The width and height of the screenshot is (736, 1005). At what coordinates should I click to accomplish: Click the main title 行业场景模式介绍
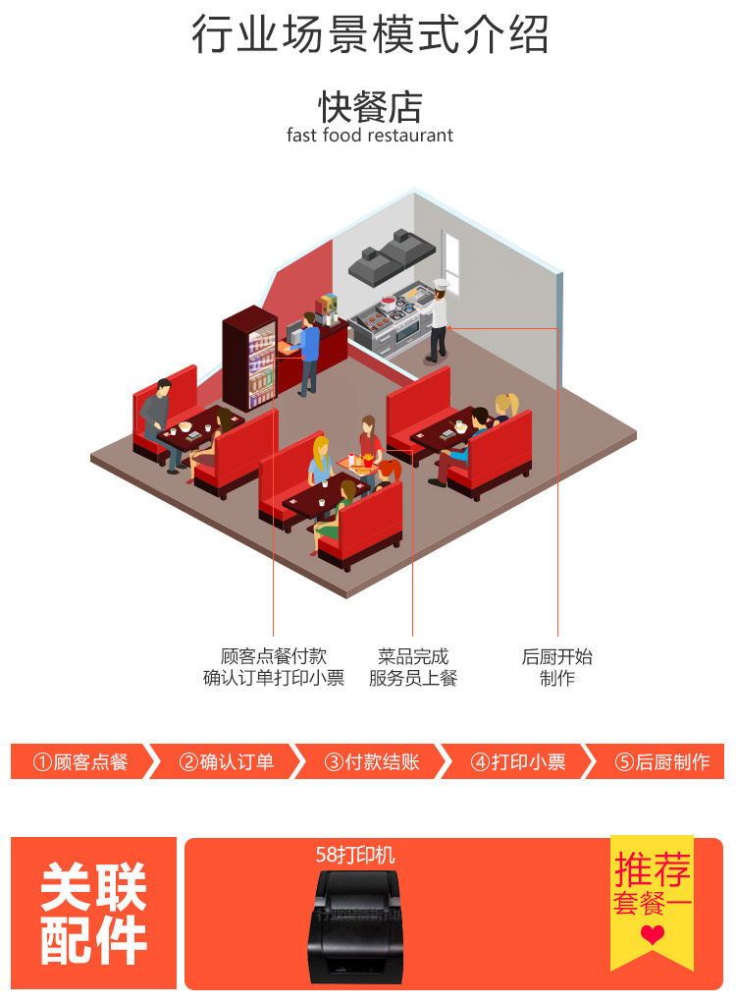point(369,35)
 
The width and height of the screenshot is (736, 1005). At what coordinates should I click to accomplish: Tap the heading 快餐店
point(370,106)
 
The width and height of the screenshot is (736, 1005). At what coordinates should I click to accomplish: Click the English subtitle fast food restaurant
point(370,136)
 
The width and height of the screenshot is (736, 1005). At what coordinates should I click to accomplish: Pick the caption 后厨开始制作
point(556,667)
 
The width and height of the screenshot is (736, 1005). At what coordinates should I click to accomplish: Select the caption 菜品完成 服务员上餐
point(412,667)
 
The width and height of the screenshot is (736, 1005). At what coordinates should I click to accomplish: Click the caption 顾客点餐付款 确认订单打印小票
point(274,667)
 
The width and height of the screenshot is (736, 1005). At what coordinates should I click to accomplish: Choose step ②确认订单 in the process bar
point(227,762)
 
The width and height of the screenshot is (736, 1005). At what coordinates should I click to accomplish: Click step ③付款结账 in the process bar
point(372,762)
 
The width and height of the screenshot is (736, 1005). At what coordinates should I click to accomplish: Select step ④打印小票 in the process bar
point(518,762)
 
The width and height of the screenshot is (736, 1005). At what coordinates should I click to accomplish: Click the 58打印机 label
point(355,855)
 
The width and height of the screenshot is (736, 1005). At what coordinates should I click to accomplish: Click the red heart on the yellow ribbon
point(653,935)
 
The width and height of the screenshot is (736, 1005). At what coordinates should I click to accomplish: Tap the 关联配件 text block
point(94,914)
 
